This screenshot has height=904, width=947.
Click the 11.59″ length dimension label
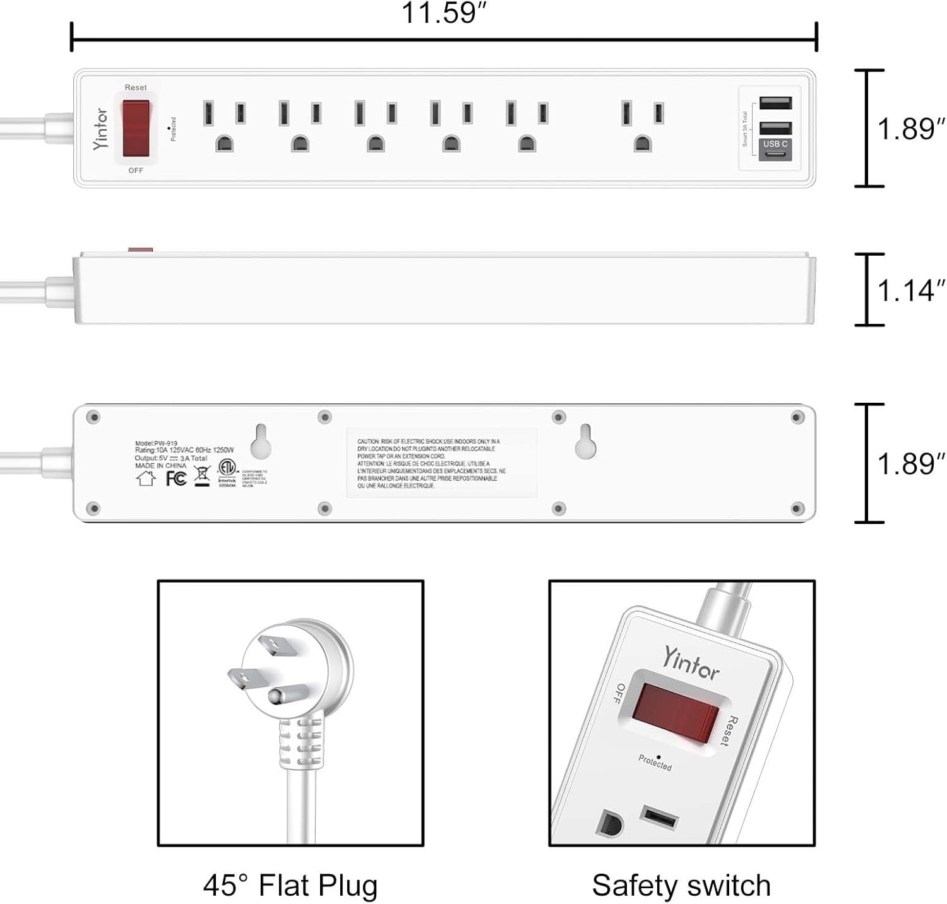click(x=444, y=13)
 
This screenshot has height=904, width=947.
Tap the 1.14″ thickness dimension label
click(x=910, y=291)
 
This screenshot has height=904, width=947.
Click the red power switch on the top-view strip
click(x=136, y=128)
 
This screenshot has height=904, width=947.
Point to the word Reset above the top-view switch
click(x=136, y=88)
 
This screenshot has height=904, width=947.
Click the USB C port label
click(x=775, y=145)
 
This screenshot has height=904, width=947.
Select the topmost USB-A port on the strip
click(x=775, y=103)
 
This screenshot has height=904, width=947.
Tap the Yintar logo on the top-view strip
click(x=100, y=129)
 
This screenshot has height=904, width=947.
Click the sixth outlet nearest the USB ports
click(x=643, y=126)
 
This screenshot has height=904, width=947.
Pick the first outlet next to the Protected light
click(x=224, y=126)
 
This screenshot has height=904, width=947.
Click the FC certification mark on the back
click(x=176, y=479)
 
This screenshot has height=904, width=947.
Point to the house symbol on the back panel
click(x=146, y=478)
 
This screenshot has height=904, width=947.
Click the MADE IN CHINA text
click(x=161, y=466)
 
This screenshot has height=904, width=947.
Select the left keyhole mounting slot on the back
click(x=261, y=441)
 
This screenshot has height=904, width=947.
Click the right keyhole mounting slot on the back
click(x=585, y=441)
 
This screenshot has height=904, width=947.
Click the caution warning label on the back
click(x=441, y=463)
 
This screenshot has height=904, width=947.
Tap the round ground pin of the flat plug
click(x=276, y=696)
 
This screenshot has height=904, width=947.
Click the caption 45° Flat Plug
click(x=290, y=885)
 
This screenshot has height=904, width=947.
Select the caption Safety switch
click(x=681, y=885)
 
